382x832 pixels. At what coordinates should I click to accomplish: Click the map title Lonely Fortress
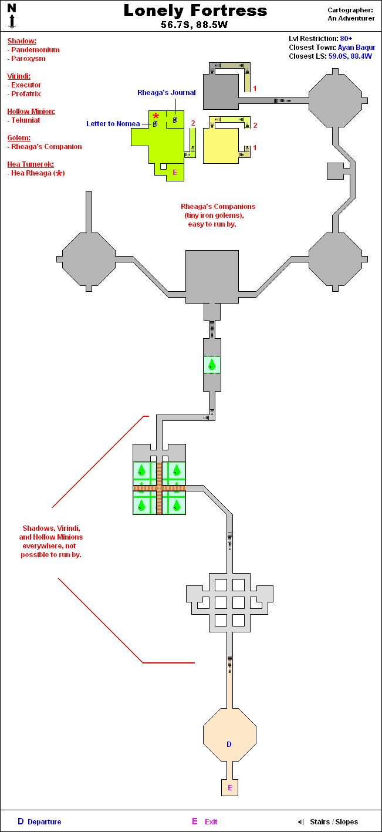tap(195, 11)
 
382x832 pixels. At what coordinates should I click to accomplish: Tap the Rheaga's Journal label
tap(167, 93)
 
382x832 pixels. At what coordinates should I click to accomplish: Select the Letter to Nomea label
tap(113, 124)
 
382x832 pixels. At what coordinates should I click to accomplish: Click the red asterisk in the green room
tap(155, 116)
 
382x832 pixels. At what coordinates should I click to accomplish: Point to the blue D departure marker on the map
tap(229, 745)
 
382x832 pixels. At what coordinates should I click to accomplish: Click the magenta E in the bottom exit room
tap(229, 787)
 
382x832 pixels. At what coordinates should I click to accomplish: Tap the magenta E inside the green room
tap(174, 172)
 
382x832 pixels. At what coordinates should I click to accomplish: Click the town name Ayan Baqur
tap(356, 48)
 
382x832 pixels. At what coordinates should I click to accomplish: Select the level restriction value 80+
tap(346, 39)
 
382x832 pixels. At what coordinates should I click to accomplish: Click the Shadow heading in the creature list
tap(22, 41)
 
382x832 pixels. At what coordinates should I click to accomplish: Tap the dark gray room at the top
tap(221, 91)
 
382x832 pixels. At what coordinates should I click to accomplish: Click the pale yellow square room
tap(221, 144)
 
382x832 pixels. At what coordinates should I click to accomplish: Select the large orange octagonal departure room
tap(229, 734)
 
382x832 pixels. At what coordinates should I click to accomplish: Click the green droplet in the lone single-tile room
tap(212, 365)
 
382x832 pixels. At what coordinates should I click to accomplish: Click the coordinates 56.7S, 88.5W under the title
tap(195, 25)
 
